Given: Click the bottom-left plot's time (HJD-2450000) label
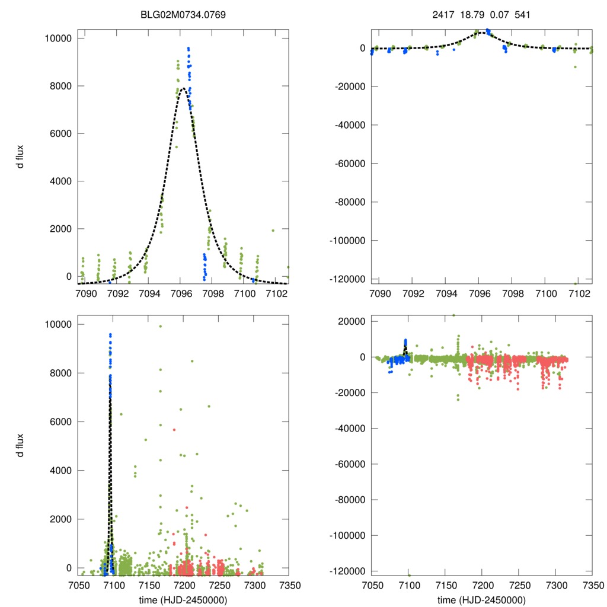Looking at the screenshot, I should (183, 599).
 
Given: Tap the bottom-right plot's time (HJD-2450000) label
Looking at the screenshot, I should (481, 599).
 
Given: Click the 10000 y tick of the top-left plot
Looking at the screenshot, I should (58, 39).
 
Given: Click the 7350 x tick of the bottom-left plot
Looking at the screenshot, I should (288, 584).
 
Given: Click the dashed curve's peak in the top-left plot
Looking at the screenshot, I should (183, 88).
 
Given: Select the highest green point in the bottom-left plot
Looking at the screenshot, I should (160, 326).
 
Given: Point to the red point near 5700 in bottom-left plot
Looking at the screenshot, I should (174, 429).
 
